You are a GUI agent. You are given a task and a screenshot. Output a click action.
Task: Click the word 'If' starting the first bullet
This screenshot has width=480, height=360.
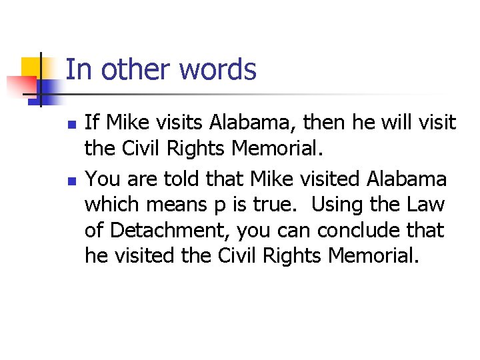92,123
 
